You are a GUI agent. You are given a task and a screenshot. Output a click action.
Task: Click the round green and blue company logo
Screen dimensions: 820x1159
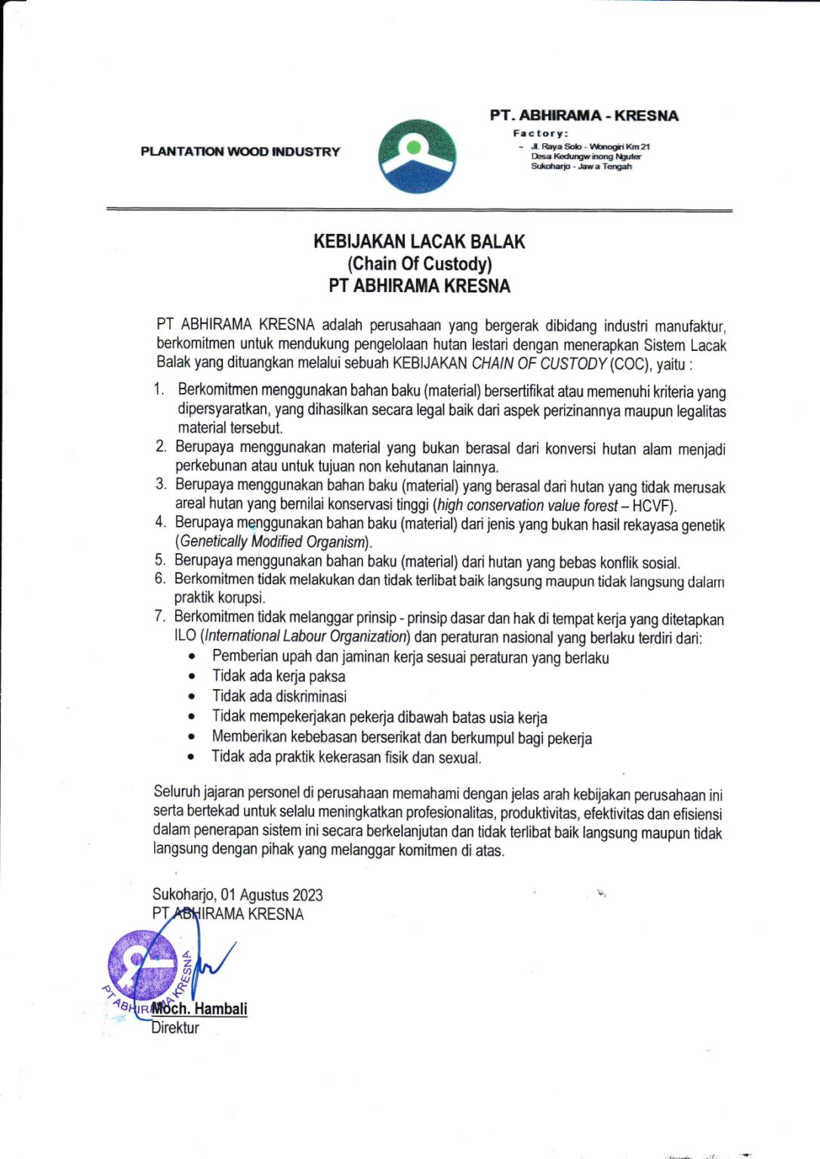click(x=417, y=156)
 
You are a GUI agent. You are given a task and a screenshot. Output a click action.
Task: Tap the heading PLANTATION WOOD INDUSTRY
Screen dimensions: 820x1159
click(x=240, y=152)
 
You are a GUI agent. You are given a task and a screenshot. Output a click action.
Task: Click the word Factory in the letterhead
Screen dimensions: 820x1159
click(x=540, y=133)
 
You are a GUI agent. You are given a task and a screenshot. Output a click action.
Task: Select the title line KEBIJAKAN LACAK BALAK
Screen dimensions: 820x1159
click(x=419, y=242)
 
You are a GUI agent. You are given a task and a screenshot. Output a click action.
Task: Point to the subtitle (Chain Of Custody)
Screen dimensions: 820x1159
click(x=419, y=263)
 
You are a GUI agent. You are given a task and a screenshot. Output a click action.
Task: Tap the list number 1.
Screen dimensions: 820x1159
click(x=159, y=389)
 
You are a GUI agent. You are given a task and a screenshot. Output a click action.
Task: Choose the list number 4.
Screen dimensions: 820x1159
click(x=160, y=522)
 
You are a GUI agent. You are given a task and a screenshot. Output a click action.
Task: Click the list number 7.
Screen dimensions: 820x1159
click(x=159, y=616)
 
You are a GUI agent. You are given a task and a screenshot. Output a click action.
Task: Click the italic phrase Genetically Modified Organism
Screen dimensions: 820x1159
click(x=273, y=542)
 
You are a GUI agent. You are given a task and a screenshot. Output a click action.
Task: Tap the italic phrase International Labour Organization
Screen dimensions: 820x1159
click(x=306, y=637)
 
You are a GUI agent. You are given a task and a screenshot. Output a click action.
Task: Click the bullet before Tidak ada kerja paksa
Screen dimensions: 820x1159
click(x=192, y=677)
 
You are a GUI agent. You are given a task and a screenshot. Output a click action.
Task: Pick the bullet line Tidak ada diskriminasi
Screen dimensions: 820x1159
click(x=279, y=696)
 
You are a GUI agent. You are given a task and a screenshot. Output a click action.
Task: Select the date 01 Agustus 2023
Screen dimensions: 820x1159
click(x=272, y=895)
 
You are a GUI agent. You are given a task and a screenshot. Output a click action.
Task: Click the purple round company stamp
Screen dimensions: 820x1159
click(x=143, y=967)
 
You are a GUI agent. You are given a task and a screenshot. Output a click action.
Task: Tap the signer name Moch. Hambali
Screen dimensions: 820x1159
click(x=199, y=1009)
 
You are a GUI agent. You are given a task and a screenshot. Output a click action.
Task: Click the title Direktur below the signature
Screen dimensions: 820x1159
click(x=175, y=1028)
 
